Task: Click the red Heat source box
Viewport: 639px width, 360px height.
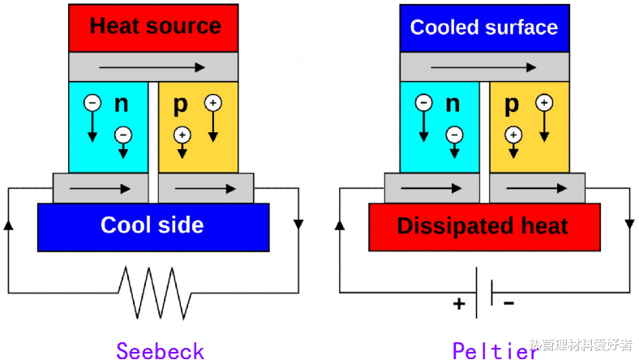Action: (x=153, y=27)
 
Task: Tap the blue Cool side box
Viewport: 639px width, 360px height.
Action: (x=152, y=225)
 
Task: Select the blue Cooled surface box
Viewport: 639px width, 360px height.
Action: (x=484, y=27)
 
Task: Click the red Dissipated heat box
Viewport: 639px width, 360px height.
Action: (x=483, y=226)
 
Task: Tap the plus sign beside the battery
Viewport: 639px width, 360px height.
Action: (x=460, y=304)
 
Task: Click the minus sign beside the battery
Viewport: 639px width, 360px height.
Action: (x=509, y=303)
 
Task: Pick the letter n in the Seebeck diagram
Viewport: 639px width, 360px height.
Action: (x=121, y=104)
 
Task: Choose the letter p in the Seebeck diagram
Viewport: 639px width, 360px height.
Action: (x=180, y=105)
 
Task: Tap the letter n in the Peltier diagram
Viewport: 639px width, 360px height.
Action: (x=452, y=104)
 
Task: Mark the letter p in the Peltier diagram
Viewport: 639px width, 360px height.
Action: (x=512, y=105)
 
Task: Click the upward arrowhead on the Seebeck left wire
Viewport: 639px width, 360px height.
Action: (x=9, y=223)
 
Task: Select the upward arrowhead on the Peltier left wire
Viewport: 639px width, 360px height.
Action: (x=339, y=223)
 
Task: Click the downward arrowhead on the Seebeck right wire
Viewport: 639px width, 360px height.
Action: (x=299, y=224)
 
